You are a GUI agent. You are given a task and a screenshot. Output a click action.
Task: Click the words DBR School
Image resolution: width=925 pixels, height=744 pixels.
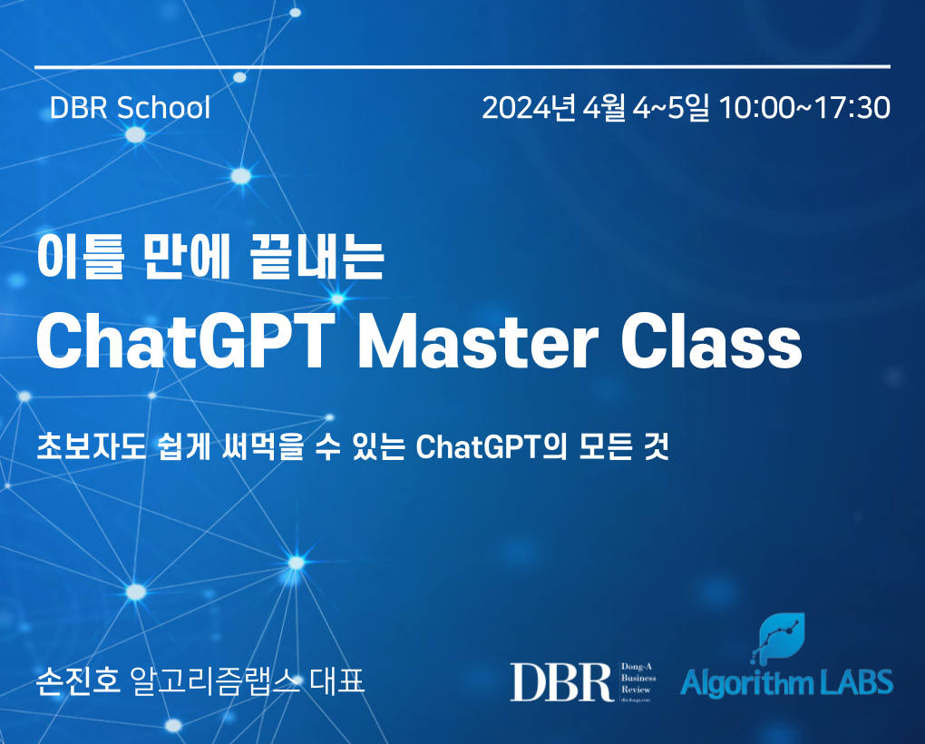click(131, 108)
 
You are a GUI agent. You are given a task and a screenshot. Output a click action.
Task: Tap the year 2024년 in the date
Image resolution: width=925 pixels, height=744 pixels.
click(529, 108)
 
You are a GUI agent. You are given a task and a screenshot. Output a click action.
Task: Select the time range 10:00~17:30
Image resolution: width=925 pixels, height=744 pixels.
click(804, 108)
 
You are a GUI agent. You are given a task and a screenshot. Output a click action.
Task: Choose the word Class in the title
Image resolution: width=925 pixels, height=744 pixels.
click(712, 342)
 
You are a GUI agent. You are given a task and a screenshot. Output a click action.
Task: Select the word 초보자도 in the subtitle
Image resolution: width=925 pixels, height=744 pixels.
click(92, 446)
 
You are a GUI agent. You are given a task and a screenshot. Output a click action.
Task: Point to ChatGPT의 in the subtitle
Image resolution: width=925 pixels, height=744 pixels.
click(492, 446)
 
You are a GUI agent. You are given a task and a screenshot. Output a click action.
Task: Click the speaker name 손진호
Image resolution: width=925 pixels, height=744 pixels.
click(78, 680)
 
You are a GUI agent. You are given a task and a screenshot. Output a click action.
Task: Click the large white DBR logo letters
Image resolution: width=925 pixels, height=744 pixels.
click(561, 682)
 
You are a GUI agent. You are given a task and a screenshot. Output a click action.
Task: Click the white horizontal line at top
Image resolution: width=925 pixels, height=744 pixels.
click(462, 66)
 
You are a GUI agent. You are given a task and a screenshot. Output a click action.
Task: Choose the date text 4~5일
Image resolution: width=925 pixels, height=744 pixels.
click(671, 108)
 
